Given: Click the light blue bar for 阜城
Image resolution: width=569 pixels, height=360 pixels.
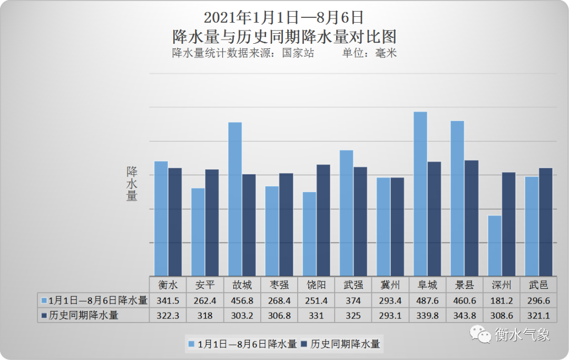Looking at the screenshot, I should click(x=420, y=193).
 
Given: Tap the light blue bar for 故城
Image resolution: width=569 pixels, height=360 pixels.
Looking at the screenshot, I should click(x=235, y=199).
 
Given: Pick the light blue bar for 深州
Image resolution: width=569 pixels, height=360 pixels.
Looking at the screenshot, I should click(x=495, y=246).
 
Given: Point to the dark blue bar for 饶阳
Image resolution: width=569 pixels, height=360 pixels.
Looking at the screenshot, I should click(x=323, y=220).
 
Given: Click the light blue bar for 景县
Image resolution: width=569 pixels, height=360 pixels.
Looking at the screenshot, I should click(x=457, y=198).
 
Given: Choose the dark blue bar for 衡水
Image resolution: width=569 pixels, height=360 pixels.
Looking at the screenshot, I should click(x=175, y=222).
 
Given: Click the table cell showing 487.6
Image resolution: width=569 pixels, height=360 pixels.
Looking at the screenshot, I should click(x=427, y=300).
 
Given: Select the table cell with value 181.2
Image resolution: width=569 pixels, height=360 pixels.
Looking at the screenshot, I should click(x=501, y=300).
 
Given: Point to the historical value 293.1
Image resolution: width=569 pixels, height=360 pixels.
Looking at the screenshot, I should click(x=390, y=316).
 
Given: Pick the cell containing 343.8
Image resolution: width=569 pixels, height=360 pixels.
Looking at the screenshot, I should click(x=464, y=316).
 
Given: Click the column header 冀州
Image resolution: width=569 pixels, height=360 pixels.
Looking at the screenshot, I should click(x=390, y=285).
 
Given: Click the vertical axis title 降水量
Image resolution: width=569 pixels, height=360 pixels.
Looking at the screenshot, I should click(x=132, y=183).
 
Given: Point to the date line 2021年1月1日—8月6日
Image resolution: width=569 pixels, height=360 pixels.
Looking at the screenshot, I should click(x=283, y=17).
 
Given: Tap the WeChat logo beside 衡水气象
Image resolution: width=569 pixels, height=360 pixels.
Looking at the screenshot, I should click(x=480, y=334).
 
